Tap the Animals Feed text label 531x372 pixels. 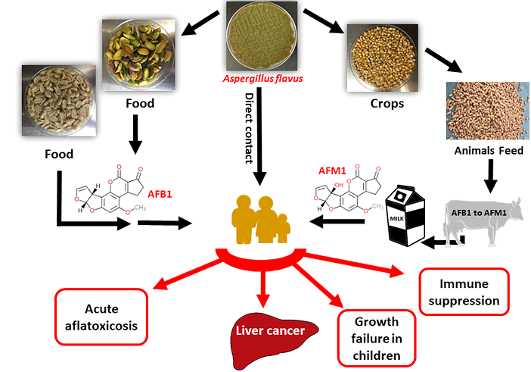pyautogui.click(x=489, y=151)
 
